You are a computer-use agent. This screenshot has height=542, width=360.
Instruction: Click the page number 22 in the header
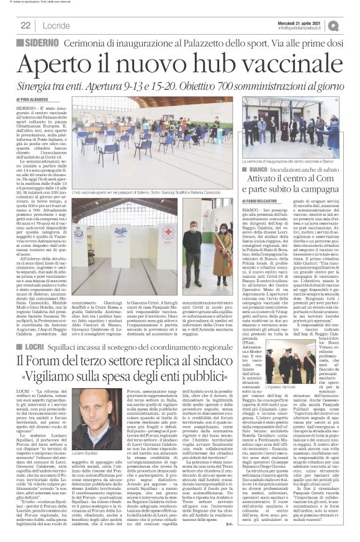pos(26,25)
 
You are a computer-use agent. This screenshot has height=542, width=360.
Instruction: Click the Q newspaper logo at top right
pos(351,25)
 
